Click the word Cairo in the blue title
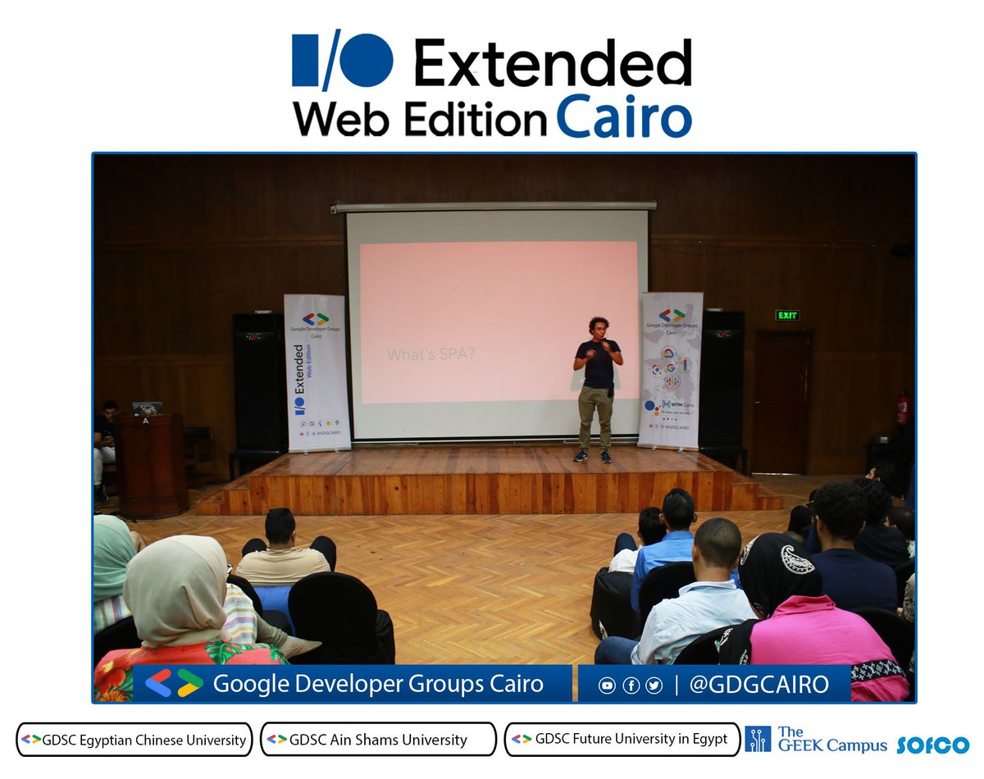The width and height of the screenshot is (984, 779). (624, 119)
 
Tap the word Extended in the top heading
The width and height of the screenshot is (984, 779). (552, 63)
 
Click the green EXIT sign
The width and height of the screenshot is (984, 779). (786, 316)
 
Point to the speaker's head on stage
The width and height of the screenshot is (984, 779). (596, 326)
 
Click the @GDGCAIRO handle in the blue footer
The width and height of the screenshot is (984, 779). (758, 684)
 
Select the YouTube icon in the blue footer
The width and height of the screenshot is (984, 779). (607, 686)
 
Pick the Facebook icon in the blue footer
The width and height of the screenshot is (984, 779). (631, 686)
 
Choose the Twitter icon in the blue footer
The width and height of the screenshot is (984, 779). (654, 686)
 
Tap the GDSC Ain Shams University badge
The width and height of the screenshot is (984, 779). (378, 739)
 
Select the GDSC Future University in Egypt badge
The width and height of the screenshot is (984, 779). (622, 739)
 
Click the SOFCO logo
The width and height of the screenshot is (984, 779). (932, 745)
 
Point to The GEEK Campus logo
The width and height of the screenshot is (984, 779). (816, 739)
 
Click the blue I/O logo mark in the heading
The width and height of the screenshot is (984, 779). (342, 62)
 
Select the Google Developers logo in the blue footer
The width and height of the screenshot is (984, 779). (173, 683)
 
